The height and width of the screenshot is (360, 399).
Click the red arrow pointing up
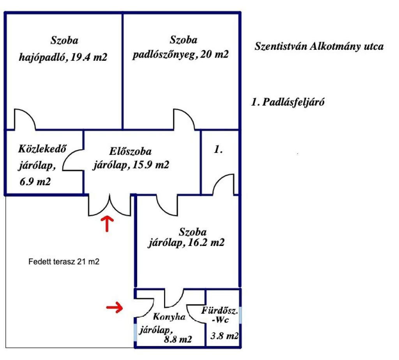point(107,224)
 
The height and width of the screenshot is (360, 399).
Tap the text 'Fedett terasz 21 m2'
point(64,262)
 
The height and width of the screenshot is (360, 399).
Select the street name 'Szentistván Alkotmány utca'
point(319,47)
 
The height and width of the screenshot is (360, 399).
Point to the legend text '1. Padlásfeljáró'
point(288,102)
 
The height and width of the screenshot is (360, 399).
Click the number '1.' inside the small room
point(218,149)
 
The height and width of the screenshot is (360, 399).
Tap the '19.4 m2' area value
point(89,57)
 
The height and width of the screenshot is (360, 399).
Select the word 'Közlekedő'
point(42,149)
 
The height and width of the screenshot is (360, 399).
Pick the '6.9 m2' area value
point(35,181)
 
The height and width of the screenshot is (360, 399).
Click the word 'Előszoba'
point(130,151)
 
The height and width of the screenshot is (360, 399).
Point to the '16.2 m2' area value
point(206,242)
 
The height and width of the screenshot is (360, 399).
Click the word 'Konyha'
point(169,316)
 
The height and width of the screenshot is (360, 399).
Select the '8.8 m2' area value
point(178,339)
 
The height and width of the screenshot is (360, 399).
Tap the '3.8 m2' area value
point(224,336)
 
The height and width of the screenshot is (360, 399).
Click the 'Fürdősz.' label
point(220,311)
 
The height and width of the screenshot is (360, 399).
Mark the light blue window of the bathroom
point(240,315)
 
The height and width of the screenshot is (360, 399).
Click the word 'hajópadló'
point(44,57)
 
